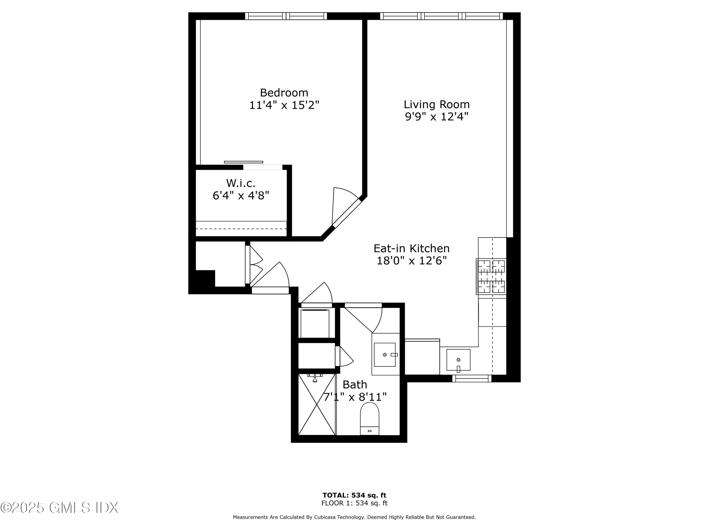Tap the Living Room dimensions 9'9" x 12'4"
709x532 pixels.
(437, 116)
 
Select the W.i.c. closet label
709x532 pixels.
(241, 183)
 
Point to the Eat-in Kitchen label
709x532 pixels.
(411, 249)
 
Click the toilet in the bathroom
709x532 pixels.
(370, 418)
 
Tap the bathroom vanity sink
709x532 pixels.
(385, 355)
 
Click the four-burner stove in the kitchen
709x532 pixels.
(491, 276)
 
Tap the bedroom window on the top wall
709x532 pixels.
(286, 16)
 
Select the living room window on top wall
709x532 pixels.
(441, 16)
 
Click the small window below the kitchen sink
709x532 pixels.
(472, 379)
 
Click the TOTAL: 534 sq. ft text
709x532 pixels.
(354, 495)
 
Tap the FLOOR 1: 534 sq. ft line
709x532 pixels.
(354, 503)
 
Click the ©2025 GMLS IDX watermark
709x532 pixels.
(60, 508)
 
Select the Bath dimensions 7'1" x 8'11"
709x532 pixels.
(355, 397)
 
